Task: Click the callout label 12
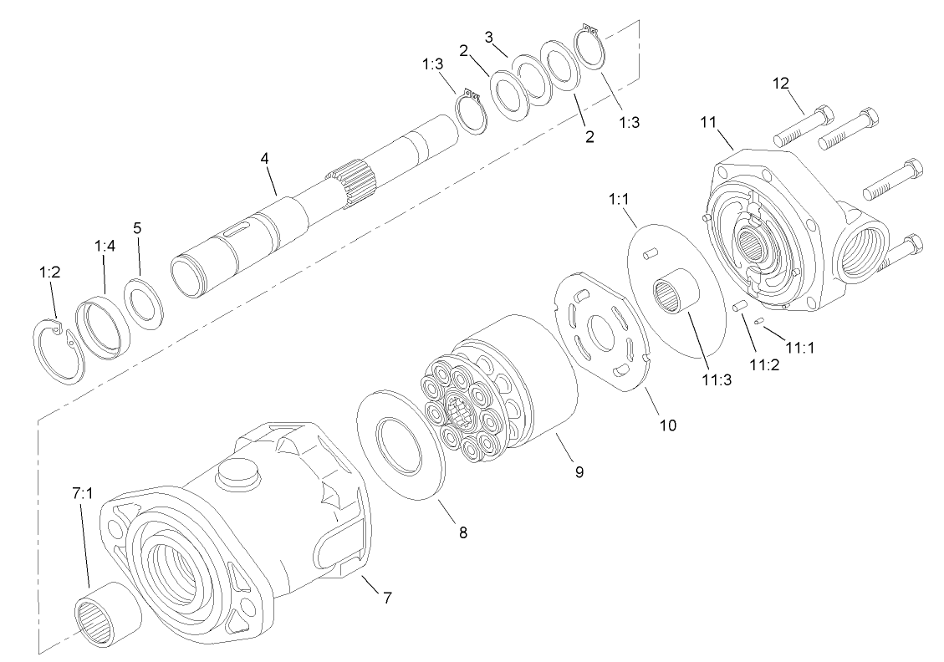(780, 85)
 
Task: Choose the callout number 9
(579, 472)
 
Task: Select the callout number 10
(667, 424)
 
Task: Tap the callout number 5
(137, 227)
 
